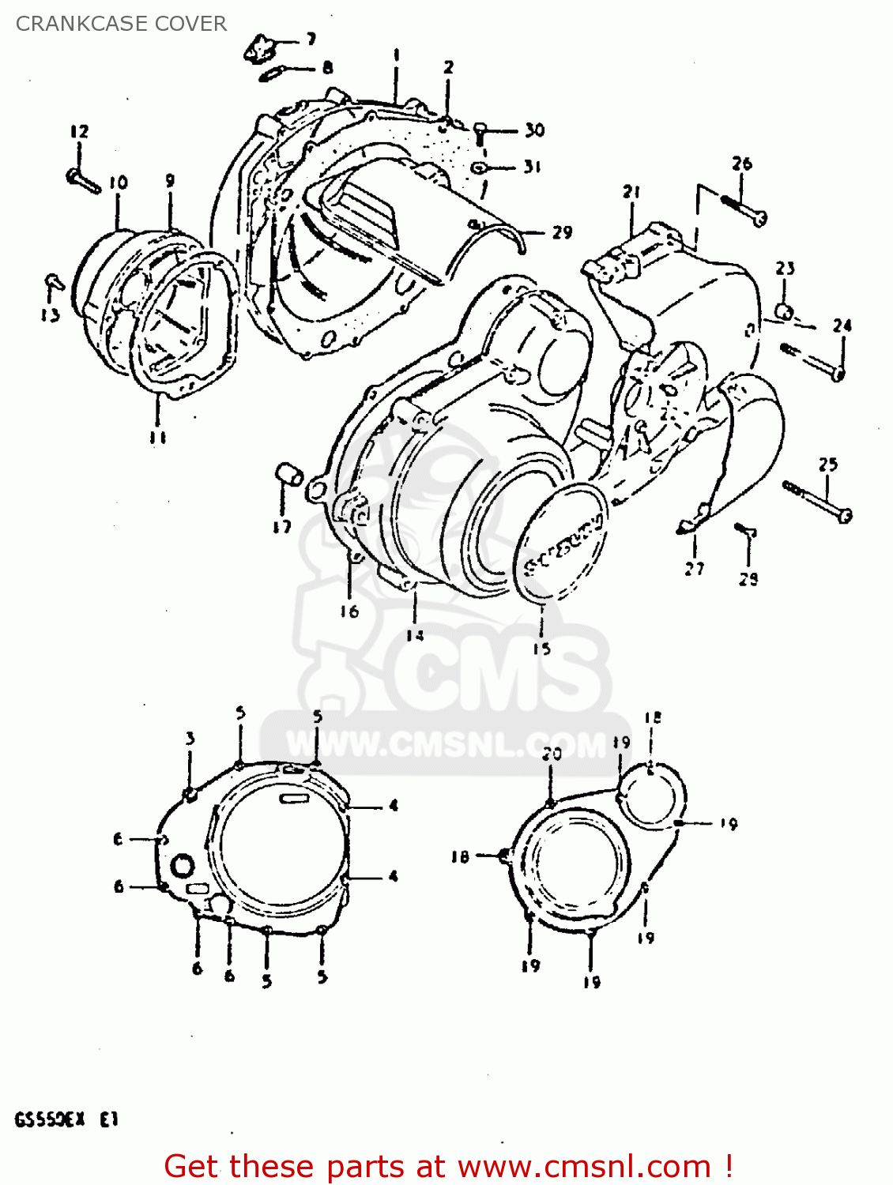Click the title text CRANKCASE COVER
[121, 24]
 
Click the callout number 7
[311, 39]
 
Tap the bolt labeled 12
[83, 180]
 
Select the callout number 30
[534, 130]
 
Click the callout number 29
[562, 232]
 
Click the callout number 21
[631, 192]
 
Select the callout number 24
[842, 325]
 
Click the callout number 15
[541, 649]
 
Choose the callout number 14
[415, 635]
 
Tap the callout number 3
[190, 739]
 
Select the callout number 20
[552, 754]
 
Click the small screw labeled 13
[53, 281]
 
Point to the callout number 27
[694, 568]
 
